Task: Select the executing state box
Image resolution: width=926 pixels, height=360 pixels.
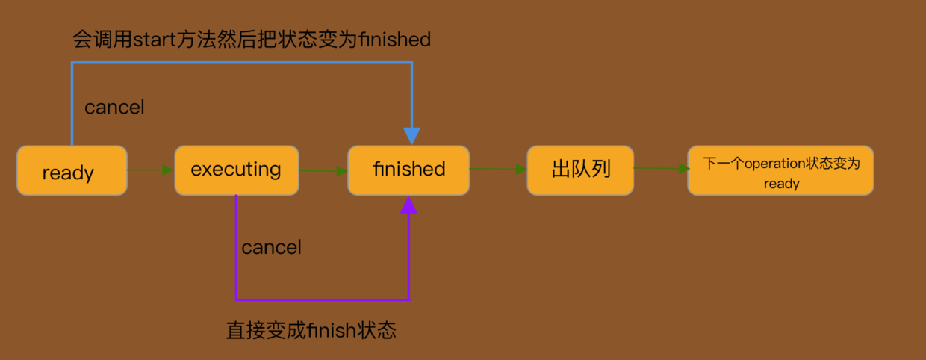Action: pos(236,170)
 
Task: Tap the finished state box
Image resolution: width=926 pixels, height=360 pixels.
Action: pos(408,170)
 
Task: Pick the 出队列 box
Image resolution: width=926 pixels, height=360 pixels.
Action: pos(580,170)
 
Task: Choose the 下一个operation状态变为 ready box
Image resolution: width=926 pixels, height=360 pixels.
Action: pos(780,171)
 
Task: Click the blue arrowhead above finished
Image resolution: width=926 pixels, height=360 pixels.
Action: pos(411,136)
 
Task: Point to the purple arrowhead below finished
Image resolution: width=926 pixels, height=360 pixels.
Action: pos(408,205)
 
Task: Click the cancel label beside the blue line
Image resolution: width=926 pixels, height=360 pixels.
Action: pos(114,108)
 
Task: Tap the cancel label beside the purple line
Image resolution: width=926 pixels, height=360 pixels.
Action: pos(271,247)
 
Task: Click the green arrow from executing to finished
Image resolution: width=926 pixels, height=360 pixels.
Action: pos(323,171)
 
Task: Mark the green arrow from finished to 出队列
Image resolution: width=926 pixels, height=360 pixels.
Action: pos(498,170)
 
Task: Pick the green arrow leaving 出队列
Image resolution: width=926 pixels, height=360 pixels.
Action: pos(661,169)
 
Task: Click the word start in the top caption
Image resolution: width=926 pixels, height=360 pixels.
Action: pos(153,39)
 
